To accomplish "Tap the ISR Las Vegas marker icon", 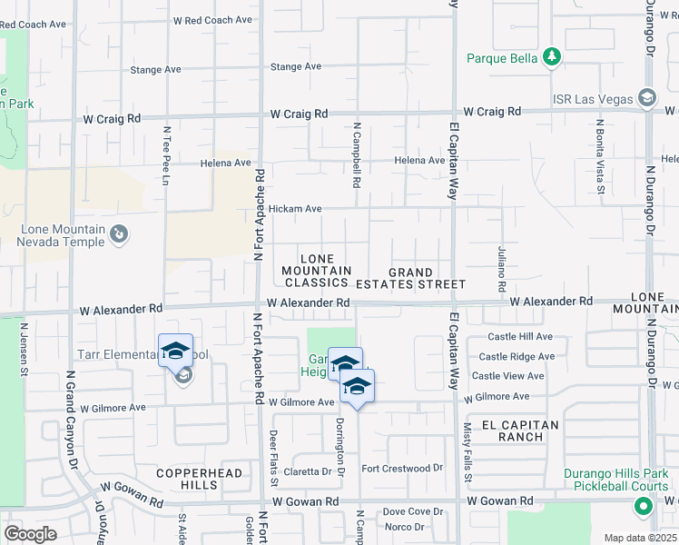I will (646, 97).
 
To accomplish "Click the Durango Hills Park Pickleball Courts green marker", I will (644, 507).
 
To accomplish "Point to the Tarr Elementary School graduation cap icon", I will (176, 351).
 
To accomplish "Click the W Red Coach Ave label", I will (212, 20).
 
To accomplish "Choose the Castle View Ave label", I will (507, 376).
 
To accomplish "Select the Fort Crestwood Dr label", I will (401, 469).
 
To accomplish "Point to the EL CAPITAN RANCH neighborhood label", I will (513, 431).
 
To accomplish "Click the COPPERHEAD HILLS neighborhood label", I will (199, 480).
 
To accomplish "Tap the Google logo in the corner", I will (31, 534).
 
